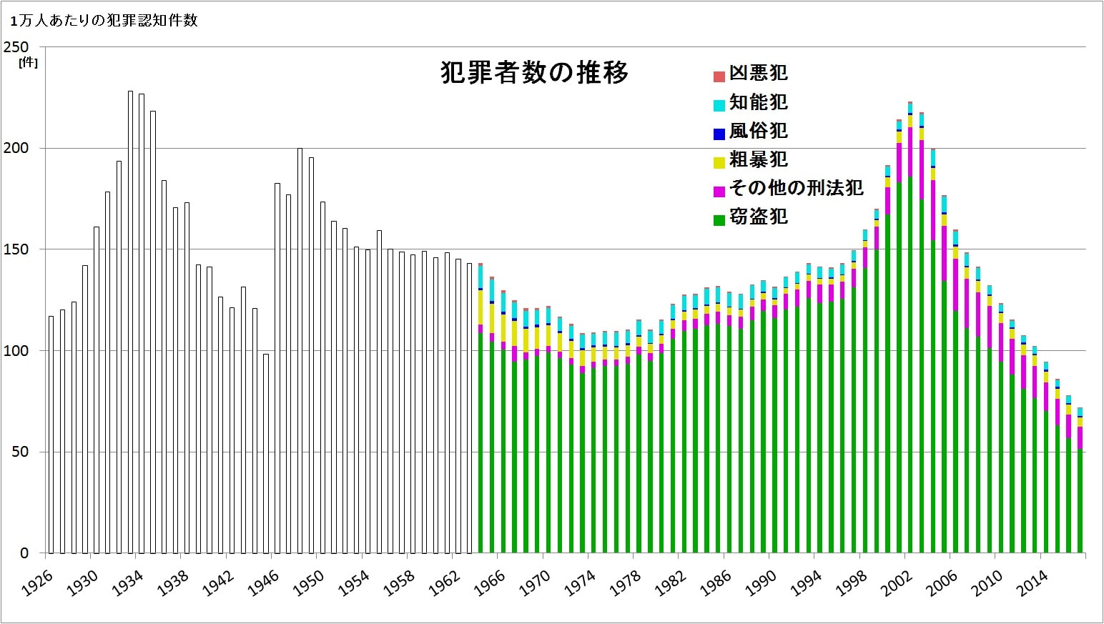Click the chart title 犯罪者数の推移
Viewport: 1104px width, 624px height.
534,73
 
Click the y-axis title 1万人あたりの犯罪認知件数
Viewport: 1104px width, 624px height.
104,21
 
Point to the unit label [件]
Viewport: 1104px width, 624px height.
29,62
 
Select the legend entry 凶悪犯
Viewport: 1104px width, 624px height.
758,74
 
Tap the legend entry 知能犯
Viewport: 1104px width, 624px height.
758,102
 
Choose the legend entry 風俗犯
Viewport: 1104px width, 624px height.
758,131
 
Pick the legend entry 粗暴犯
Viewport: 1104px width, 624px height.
758,159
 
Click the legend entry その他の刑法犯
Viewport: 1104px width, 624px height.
796,188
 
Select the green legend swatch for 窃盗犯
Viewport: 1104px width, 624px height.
719,219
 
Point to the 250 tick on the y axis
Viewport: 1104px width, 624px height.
16,47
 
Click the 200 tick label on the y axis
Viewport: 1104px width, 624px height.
16,149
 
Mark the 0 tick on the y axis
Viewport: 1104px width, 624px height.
24,553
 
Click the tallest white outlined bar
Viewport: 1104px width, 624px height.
130,322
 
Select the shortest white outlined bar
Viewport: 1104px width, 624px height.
266,453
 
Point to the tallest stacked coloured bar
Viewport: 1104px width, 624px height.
910,329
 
